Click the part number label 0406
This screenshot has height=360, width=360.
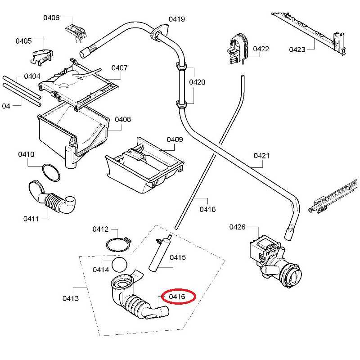pos(51,18)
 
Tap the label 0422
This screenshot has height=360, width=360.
pos(261,49)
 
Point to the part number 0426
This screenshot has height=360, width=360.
pos(237,227)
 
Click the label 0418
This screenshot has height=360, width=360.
pos(207,209)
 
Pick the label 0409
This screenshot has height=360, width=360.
pos(175,140)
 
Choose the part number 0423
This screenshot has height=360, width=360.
pos(297,49)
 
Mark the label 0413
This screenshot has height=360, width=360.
pos(71,298)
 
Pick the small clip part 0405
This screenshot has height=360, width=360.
pos(40,55)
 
